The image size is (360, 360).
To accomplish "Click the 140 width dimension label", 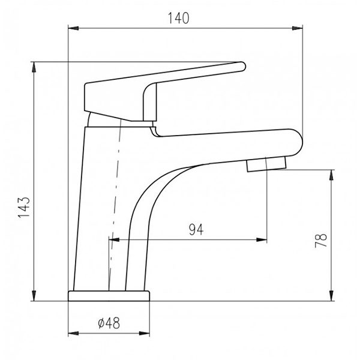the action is click(179, 18).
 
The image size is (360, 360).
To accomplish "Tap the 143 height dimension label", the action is click(24, 207).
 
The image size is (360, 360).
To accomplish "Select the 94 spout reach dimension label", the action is click(196, 230).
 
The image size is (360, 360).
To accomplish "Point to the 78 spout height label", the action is click(321, 241).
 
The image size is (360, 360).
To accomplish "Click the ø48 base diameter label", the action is click(109, 323).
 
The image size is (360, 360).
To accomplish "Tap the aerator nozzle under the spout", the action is click(266, 164).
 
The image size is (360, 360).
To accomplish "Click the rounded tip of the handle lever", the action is click(242, 67).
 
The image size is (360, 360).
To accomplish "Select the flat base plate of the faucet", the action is click(109, 296).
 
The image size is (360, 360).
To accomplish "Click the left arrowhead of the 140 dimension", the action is click(73, 28).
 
